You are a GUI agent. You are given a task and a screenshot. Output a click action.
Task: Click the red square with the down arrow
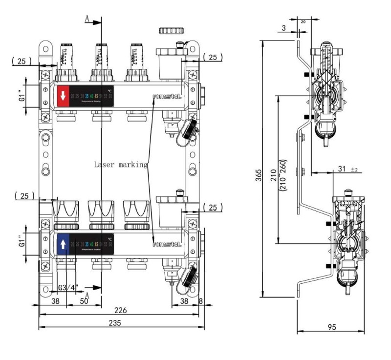63,96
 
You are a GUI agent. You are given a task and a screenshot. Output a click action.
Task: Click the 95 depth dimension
332,327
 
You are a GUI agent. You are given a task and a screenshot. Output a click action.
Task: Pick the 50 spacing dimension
84,302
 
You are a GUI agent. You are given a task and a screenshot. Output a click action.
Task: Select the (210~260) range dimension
283,176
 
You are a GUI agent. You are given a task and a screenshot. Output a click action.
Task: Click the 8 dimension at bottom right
201,302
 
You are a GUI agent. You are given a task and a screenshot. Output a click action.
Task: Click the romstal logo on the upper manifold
167,96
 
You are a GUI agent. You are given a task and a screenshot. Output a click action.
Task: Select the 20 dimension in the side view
303,21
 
